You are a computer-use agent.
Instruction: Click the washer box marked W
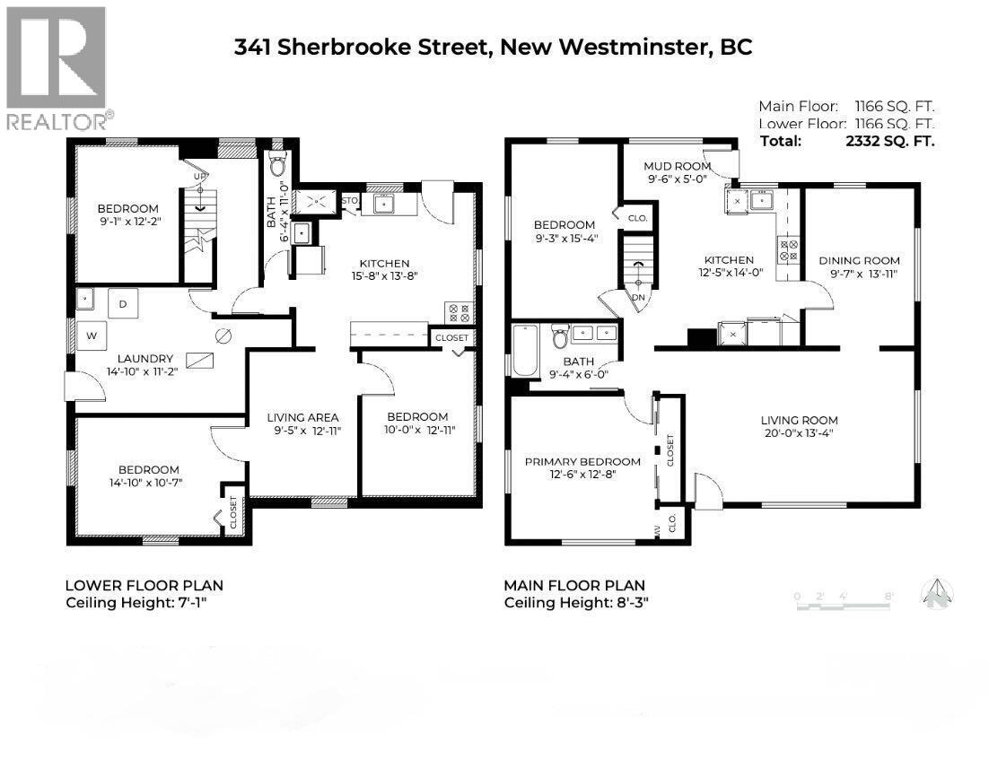click(91, 336)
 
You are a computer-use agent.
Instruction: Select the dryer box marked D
click(123, 305)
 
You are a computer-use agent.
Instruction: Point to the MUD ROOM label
click(678, 166)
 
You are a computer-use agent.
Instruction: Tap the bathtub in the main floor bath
click(522, 351)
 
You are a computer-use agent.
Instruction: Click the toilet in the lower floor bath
click(278, 166)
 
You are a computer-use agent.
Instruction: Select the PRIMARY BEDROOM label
click(582, 461)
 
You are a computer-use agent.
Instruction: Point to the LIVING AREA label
click(302, 417)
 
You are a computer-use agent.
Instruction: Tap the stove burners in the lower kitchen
click(458, 313)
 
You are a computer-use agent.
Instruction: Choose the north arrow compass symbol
click(937, 592)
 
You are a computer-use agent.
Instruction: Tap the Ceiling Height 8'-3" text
click(575, 603)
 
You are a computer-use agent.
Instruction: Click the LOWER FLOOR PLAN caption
click(144, 585)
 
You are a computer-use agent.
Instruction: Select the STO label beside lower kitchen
click(351, 199)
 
